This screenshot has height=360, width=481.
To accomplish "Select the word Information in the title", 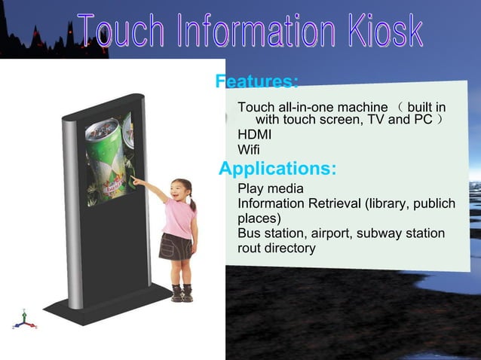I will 247,32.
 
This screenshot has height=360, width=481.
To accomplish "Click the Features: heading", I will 257,81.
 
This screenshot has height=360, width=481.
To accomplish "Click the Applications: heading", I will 277,168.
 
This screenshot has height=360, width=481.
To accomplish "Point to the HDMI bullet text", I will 254,134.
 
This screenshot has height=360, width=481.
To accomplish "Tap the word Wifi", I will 248,149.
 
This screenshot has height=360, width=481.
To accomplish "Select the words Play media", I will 271,188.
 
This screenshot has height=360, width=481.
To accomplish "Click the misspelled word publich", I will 432,204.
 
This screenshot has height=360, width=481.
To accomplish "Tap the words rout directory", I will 277,248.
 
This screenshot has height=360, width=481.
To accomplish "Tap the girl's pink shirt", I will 182,218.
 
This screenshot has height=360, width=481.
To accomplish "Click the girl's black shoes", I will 182,294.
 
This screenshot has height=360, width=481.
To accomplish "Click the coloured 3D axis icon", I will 23,319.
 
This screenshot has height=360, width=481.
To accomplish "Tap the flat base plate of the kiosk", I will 113,304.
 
